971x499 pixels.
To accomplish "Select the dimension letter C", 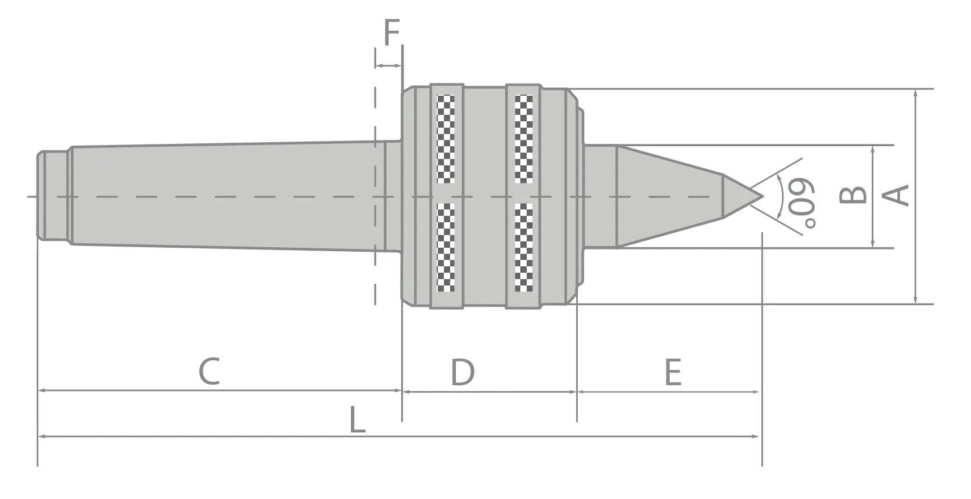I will (x=209, y=371).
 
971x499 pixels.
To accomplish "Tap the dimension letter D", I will (x=463, y=372).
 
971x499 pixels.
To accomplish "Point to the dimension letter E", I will (x=672, y=373).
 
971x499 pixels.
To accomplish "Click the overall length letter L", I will (x=357, y=420).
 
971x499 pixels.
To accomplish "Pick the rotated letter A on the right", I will (x=897, y=195).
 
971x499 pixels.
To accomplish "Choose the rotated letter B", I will (x=854, y=196).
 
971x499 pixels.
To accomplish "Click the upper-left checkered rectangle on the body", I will (x=445, y=139).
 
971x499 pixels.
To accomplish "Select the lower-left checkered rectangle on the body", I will (x=445, y=247).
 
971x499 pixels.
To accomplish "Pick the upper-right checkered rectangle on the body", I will (x=523, y=139).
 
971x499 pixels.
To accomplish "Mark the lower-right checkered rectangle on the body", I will (x=523, y=247).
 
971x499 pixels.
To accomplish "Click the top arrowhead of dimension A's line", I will (x=915, y=93).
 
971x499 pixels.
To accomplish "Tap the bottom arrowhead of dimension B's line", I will (x=873, y=244).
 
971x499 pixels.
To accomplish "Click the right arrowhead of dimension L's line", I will (x=756, y=436).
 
